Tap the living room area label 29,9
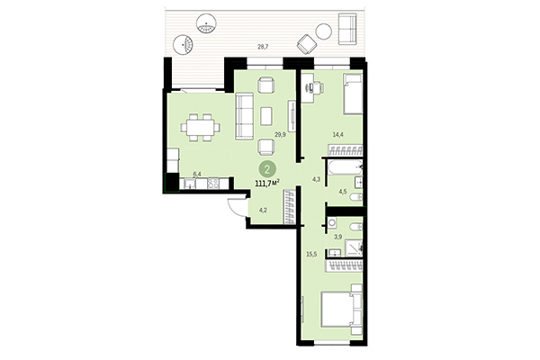coord(279,134)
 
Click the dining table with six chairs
coord(199,129)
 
